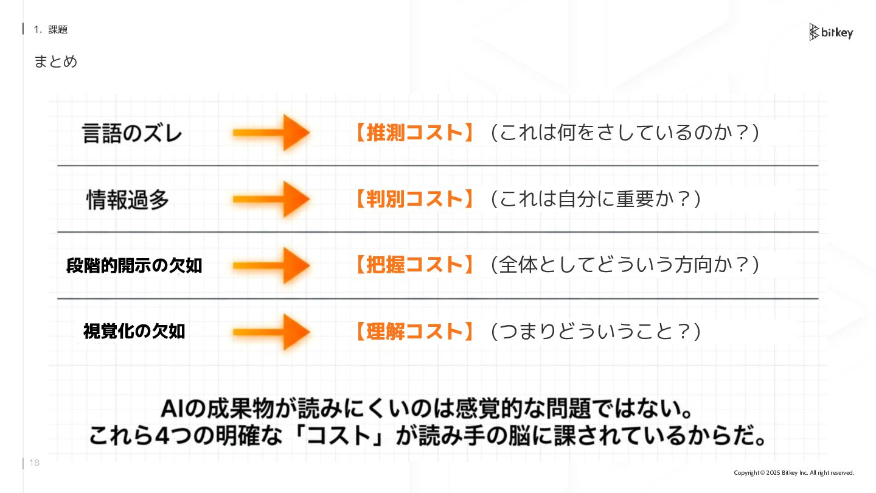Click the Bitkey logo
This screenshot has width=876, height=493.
click(830, 32)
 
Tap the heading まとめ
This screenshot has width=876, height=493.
click(55, 61)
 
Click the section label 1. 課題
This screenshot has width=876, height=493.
click(50, 29)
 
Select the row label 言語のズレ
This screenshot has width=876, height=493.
click(132, 133)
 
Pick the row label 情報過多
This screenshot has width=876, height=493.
click(128, 200)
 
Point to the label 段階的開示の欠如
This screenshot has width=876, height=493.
click(134, 266)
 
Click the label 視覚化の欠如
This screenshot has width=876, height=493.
click(134, 332)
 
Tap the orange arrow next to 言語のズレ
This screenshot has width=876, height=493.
click(271, 133)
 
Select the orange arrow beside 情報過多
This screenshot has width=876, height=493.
click(271, 199)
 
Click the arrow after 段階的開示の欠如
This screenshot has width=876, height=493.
click(271, 265)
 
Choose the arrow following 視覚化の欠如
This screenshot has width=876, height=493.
click(271, 332)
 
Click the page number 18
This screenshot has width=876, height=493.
click(34, 463)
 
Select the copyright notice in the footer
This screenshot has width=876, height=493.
click(794, 473)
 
